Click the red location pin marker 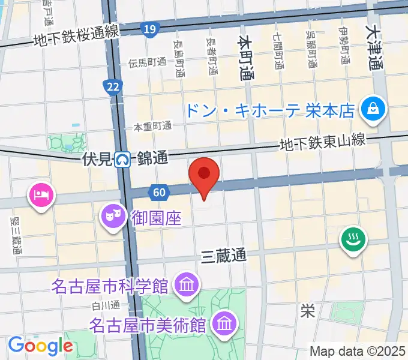(204, 175)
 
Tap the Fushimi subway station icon (124, 160)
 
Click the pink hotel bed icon (41, 195)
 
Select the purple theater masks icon (111, 213)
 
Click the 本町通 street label (245, 57)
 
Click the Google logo (40, 346)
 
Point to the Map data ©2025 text (356, 350)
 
